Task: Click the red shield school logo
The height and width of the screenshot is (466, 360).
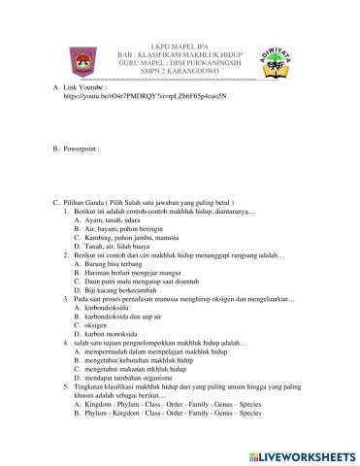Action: [81, 66]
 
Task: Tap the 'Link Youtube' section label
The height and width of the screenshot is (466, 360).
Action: [88, 87]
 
